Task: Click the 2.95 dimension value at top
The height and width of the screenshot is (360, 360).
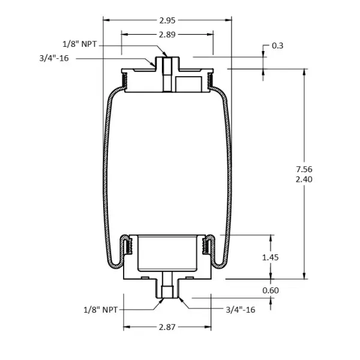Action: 167,20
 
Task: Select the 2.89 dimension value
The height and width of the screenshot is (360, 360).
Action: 167,35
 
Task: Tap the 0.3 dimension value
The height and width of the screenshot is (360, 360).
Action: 278,46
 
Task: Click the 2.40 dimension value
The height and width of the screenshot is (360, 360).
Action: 305,179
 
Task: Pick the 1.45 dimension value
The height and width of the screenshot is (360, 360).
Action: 271,257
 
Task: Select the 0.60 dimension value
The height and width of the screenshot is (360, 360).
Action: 271,290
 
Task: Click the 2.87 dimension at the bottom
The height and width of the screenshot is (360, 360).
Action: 167,328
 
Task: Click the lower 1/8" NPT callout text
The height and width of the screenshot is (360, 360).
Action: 101,310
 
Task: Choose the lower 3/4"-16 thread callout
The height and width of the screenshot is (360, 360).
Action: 241,310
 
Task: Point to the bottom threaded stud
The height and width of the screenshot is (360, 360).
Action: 167,290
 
